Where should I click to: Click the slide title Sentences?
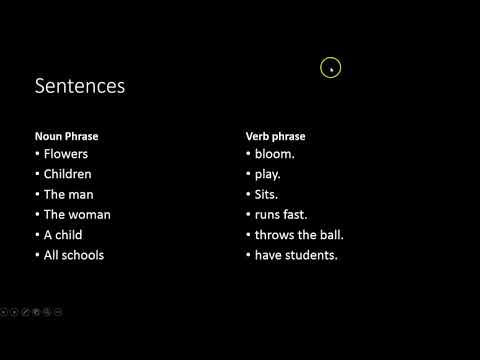80,86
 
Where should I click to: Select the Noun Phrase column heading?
66,136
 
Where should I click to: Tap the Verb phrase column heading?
275,136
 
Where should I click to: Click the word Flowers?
66,154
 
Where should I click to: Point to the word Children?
68,174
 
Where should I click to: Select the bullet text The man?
68,194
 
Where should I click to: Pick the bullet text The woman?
77,214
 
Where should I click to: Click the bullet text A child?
63,235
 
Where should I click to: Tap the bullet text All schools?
74,255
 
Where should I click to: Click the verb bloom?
275,154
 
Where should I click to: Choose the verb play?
269,174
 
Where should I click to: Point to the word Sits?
267,194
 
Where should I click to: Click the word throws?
276,235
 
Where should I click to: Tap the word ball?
330,235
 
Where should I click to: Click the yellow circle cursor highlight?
331,68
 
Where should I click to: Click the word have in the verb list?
269,255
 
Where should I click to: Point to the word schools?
83,255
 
